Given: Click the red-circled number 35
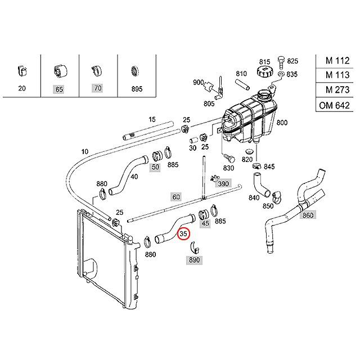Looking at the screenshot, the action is coord(183,233).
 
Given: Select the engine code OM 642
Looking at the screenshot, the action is coord(334,105).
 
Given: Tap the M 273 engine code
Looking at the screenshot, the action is coord(337,89).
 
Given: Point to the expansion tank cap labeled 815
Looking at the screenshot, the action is coord(265,71).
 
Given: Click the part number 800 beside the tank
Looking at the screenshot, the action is coord(282,123).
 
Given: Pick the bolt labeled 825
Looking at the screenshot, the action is coord(281,62).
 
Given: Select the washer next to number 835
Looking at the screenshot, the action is coord(281,74).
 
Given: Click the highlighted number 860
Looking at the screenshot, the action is coord(308,215).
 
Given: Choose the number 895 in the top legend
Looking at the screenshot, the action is coord(137,89).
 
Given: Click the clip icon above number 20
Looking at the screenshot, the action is coord(22,71).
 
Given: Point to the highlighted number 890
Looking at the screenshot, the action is coord(194,260).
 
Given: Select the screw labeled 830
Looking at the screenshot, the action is coord(228,158).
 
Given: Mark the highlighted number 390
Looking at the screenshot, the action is coord(223,184).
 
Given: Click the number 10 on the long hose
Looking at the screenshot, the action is coord(85,152).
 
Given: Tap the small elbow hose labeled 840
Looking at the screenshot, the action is coord(260,184).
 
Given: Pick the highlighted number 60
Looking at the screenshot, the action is coord(176,197).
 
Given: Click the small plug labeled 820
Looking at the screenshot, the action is coord(249,151).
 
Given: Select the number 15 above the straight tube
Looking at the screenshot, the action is coord(152,119).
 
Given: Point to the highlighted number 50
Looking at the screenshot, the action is coord(155,167).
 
